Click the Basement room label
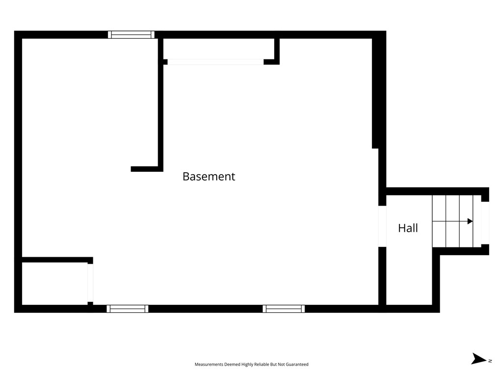pyautogui.click(x=209, y=176)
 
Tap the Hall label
pyautogui.click(x=408, y=228)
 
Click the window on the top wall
pyautogui.click(x=131, y=35)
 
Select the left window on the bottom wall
pyautogui.click(x=127, y=309)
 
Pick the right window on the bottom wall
pyautogui.click(x=283, y=309)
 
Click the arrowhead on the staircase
pyautogui.click(x=470, y=221)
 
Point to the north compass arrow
pyautogui.click(x=478, y=359)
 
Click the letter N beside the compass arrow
pyautogui.click(x=490, y=361)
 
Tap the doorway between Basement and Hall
pyautogui.click(x=382, y=226)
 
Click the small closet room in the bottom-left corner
pyautogui.click(x=55, y=284)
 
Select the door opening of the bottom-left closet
pyautogui.click(x=90, y=283)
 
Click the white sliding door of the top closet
pyautogui.click(x=216, y=62)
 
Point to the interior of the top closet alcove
pyautogui.click(x=219, y=49)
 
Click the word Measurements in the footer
pyautogui.click(x=209, y=364)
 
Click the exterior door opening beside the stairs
pyautogui.click(x=485, y=223)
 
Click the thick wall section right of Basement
pyautogui.click(x=375, y=93)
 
